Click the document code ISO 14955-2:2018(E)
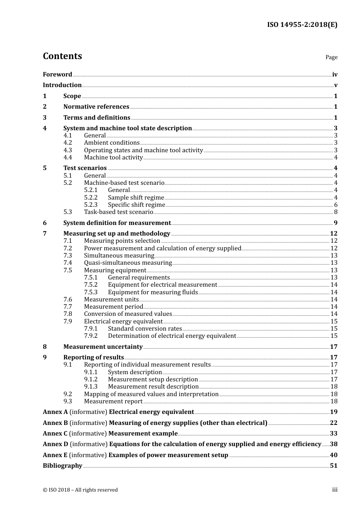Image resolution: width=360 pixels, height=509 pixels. point(302,25)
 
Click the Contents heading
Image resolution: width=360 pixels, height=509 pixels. point(62,56)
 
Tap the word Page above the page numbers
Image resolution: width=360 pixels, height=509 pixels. point(331,57)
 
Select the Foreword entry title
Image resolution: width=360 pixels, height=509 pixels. point(57,74)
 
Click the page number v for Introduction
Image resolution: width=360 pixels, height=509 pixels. point(336,85)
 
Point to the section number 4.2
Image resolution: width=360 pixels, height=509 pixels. point(67,143)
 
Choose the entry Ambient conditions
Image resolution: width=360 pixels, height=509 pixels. point(112,143)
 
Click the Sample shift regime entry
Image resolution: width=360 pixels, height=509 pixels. point(136,198)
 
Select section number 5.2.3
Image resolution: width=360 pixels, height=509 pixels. point(91,205)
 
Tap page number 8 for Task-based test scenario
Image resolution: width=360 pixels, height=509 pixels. point(336,212)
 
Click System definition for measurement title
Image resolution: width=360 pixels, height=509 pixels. point(117,223)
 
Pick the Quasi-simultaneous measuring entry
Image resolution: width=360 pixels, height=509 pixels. point(128,263)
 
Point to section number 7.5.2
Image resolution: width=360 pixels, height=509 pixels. point(91,285)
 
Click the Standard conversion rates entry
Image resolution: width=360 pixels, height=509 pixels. point(145,329)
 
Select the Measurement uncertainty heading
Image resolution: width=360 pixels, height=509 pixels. point(103,347)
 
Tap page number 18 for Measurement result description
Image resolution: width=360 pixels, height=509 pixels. point(334,387)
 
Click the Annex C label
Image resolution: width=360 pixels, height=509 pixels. point(55,434)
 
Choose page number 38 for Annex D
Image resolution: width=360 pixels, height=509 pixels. point(333,444)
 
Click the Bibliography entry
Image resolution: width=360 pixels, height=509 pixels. point(63,466)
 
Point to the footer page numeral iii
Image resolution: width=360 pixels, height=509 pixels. point(335,490)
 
